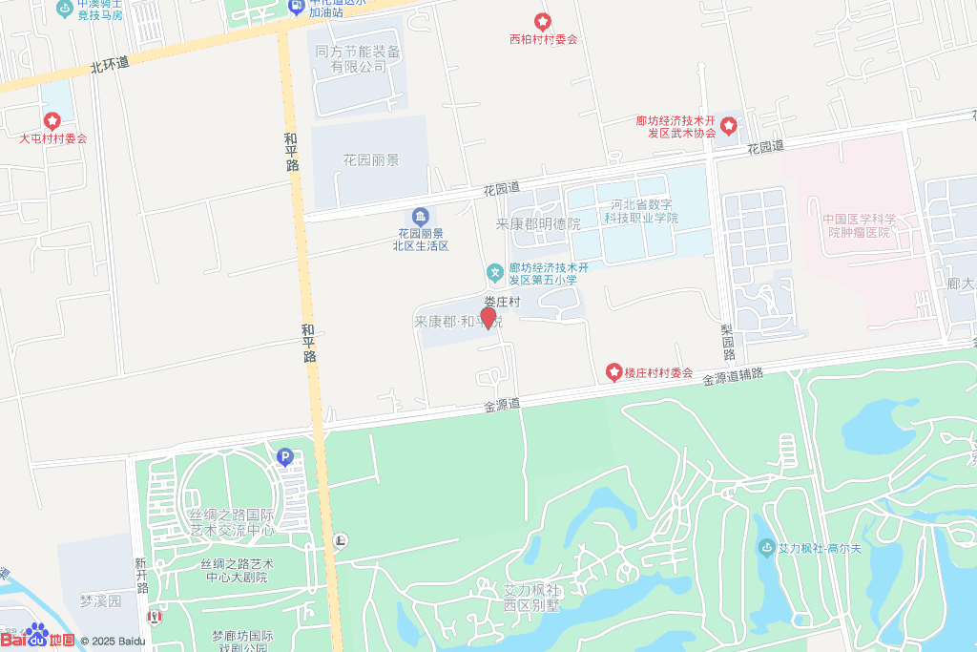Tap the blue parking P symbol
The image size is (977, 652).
[x=283, y=457]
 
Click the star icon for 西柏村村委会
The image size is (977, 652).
[x=542, y=21]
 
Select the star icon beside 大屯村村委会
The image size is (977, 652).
[x=52, y=121]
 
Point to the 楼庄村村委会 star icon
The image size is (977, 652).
[x=614, y=370]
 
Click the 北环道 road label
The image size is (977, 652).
[x=109, y=65]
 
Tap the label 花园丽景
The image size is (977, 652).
[x=371, y=160]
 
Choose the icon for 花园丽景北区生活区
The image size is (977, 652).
[x=420, y=217]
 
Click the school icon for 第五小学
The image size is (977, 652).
[x=495, y=273]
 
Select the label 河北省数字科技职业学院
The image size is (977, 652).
[x=639, y=211]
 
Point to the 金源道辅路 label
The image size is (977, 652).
[x=733, y=376]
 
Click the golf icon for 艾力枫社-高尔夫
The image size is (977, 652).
[x=765, y=548]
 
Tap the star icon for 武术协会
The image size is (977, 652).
[x=729, y=125]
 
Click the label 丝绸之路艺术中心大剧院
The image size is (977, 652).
[x=235, y=571]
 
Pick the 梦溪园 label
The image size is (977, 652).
[x=101, y=601]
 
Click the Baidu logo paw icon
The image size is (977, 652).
[x=37, y=633]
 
